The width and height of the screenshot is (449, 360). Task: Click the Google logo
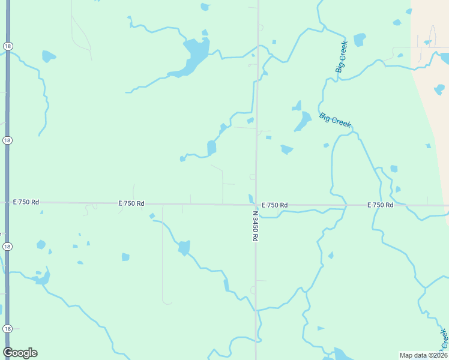(20, 353)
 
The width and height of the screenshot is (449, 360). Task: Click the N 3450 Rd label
(255, 226)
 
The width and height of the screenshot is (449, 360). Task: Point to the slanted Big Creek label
(335, 120)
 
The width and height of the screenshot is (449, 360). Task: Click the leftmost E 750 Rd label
(26, 202)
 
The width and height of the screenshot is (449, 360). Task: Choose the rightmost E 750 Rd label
(380, 205)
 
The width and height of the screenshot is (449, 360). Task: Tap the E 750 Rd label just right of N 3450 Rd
(274, 205)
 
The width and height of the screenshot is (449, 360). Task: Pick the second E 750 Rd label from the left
(131, 203)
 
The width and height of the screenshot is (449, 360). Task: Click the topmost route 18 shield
(7, 46)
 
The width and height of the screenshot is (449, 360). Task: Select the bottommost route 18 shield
(7, 329)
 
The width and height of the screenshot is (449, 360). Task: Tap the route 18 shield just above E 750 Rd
(7, 140)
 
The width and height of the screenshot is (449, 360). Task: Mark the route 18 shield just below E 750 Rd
(7, 247)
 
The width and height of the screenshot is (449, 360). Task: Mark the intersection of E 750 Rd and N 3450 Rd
(256, 205)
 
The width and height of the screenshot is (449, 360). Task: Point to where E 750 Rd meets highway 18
(7, 202)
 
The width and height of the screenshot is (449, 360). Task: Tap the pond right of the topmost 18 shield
(48, 57)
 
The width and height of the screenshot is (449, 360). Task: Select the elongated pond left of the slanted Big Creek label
(302, 122)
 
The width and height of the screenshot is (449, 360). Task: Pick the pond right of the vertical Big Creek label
(360, 40)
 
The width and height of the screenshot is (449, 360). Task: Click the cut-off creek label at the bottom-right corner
(444, 338)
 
